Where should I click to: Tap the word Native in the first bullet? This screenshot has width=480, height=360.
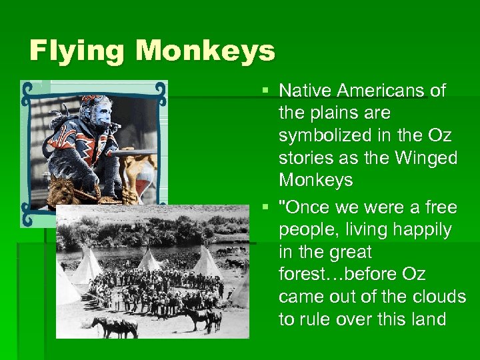[x=305, y=90]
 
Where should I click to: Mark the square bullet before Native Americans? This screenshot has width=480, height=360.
[x=266, y=90]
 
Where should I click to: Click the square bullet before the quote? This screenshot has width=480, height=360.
[x=266, y=207]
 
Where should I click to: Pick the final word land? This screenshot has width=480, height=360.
[x=428, y=320]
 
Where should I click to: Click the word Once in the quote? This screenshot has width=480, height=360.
[x=306, y=207]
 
